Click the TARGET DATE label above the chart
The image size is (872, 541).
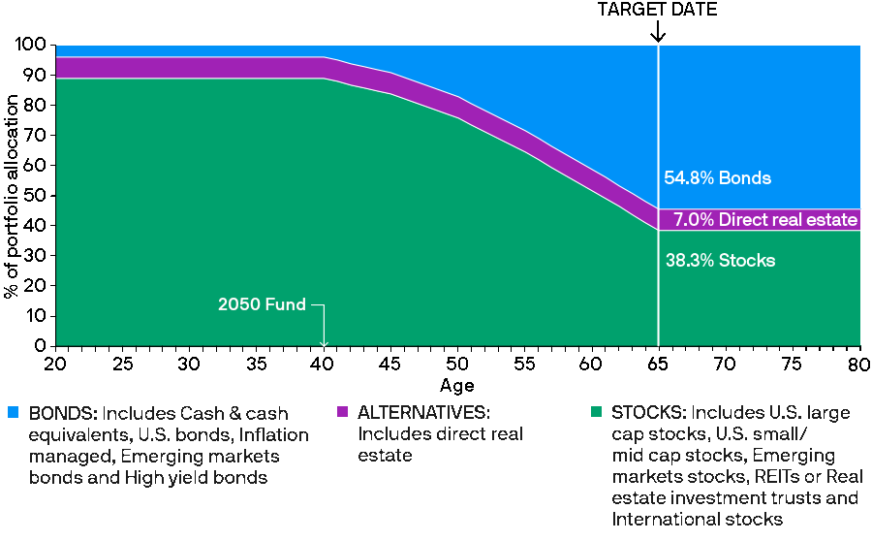658,10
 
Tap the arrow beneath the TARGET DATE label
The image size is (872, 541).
658,32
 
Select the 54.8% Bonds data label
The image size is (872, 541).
717,178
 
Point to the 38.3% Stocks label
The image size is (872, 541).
720,261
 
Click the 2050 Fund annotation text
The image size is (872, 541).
262,304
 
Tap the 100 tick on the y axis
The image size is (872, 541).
33,45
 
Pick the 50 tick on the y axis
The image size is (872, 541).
37,195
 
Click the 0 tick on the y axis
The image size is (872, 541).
42,346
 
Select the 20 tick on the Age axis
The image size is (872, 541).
55,363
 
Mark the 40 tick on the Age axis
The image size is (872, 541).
324,363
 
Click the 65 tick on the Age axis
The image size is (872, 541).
659,363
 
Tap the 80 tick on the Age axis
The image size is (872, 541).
859,363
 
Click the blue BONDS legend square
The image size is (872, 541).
13,412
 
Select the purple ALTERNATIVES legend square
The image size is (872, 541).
342,412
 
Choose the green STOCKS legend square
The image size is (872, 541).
596,412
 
